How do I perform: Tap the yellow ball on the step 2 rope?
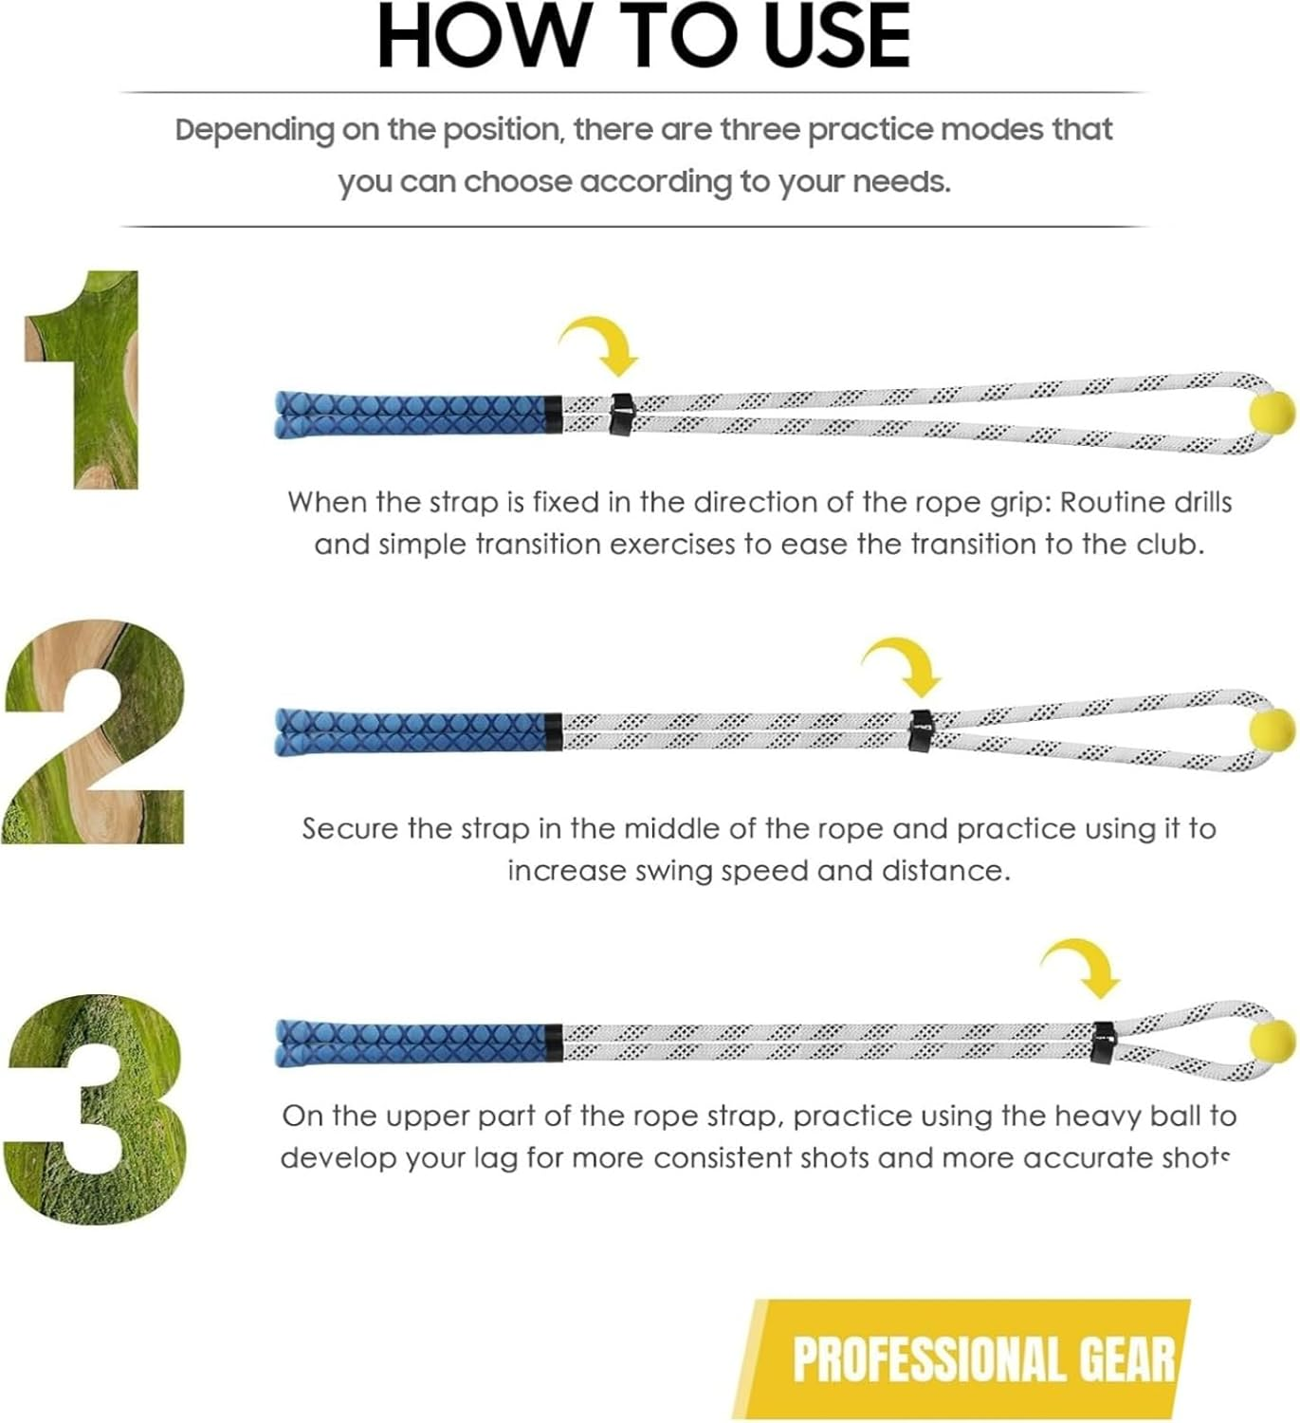pos(1273,730)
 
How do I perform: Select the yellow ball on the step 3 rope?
pos(1273,1041)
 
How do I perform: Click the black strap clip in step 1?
pos(620,414)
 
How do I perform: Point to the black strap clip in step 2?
pos(921,730)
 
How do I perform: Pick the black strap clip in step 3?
pos(1103,1043)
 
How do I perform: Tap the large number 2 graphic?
pos(93,732)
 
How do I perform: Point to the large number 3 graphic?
pos(94,1109)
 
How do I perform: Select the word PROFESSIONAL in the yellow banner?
pos(929,1359)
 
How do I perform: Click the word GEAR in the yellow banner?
pos(1126,1359)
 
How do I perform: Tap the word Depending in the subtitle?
pos(255,131)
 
